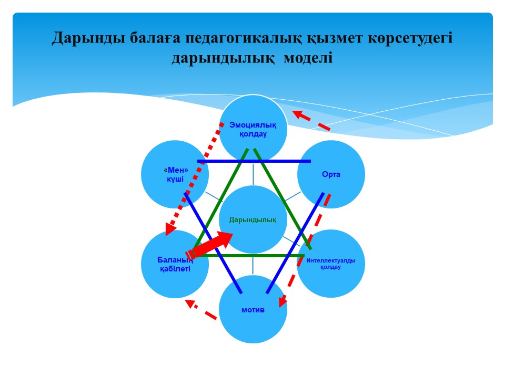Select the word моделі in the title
coord(308,58)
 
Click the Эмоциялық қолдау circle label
coord(253,129)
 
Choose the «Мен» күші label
coord(175,174)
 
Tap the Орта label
coord(331,174)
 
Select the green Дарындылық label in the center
coord(253,220)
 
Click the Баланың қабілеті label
coord(175,264)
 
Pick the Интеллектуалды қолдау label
coord(331,264)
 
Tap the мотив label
coord(253,310)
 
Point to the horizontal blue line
coord(254,161)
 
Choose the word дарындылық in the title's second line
coord(223,58)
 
